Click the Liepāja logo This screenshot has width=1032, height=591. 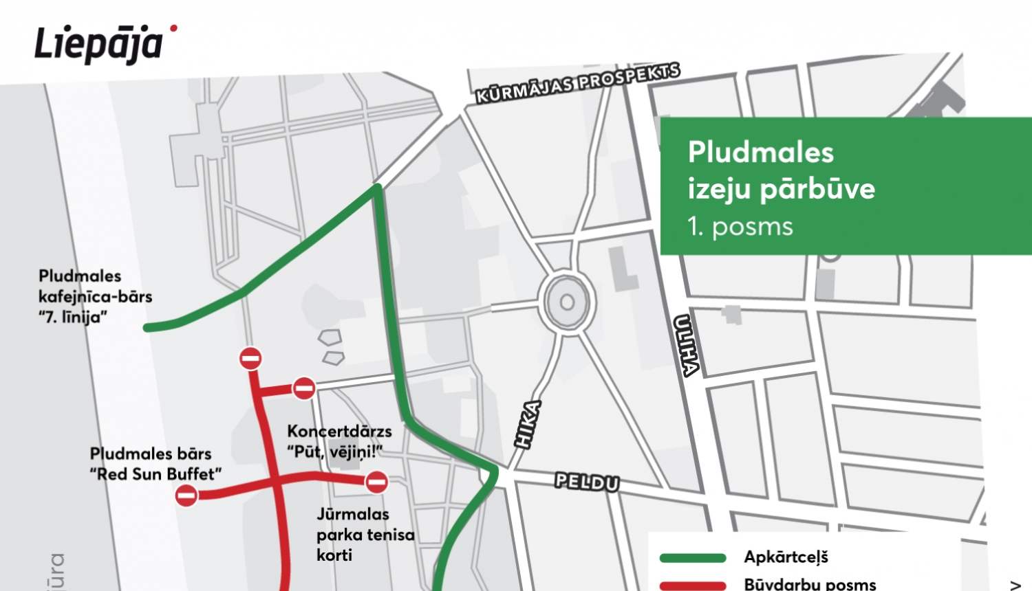[98, 45]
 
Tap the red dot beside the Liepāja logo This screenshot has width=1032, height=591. [174, 28]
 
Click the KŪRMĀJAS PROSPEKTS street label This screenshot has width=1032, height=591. [578, 82]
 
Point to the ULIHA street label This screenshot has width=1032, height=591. [687, 346]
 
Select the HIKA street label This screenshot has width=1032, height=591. [528, 425]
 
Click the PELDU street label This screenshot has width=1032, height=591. [587, 482]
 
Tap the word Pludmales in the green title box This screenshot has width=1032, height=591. [760, 153]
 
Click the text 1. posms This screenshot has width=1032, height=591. [740, 227]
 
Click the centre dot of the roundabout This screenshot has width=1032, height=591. [567, 302]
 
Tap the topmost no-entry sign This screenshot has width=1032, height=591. [250, 358]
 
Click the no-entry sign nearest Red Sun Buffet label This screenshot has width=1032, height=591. [186, 495]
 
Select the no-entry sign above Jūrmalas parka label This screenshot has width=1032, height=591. [376, 482]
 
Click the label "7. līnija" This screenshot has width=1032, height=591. [73, 317]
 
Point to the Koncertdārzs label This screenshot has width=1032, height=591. [339, 432]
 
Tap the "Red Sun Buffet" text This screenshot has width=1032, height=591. [156, 474]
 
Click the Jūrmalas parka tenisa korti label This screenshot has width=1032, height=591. [365, 534]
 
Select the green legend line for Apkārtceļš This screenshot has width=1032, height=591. [693, 558]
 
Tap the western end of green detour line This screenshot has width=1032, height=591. [147, 328]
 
